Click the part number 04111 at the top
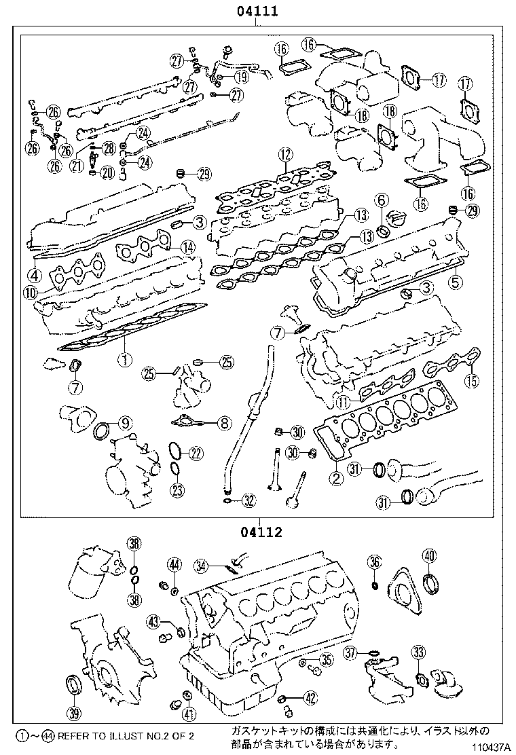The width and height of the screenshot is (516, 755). pyautogui.click(x=256, y=11)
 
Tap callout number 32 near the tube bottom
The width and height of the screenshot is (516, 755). pyautogui.click(x=249, y=502)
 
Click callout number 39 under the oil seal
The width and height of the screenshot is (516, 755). pyautogui.click(x=74, y=713)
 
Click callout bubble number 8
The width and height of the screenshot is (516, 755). pyautogui.click(x=225, y=424)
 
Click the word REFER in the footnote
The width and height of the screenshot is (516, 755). pyautogui.click(x=73, y=735)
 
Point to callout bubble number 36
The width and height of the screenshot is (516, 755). pyautogui.click(x=374, y=561)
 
